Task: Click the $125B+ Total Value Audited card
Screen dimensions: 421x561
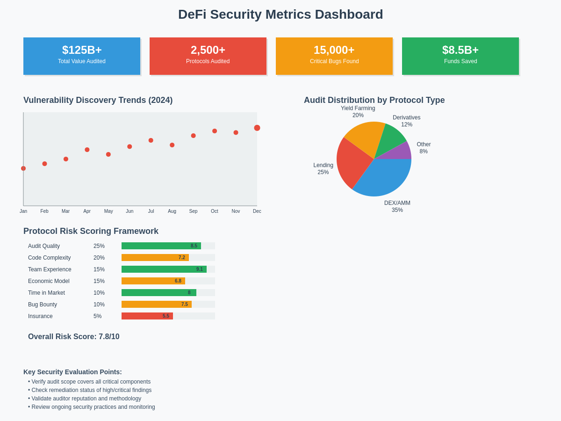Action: tap(82, 56)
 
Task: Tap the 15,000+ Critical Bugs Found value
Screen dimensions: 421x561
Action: tap(334, 50)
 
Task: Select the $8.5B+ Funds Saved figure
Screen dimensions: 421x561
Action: tap(460, 50)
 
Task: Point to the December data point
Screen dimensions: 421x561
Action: tap(257, 128)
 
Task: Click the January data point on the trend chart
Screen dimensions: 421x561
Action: tap(23, 168)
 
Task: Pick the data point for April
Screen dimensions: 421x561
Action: tap(87, 150)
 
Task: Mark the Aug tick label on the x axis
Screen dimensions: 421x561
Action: tap(172, 211)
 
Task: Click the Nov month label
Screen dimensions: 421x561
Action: tap(236, 211)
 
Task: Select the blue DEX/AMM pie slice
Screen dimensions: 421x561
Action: tap(383, 178)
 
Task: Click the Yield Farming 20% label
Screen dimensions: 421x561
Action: tap(358, 112)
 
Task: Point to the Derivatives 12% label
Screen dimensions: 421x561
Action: tap(406, 121)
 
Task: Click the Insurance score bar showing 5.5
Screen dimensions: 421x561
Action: tap(147, 316)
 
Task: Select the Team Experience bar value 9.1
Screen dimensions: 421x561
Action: tap(200, 269)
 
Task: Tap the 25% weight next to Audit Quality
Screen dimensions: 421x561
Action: tap(99, 246)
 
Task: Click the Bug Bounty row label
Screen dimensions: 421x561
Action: tap(43, 305)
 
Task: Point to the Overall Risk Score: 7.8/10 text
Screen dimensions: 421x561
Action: tap(74, 337)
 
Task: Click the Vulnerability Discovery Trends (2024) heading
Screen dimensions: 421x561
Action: tap(98, 100)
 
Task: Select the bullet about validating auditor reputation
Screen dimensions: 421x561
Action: tap(86, 399)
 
